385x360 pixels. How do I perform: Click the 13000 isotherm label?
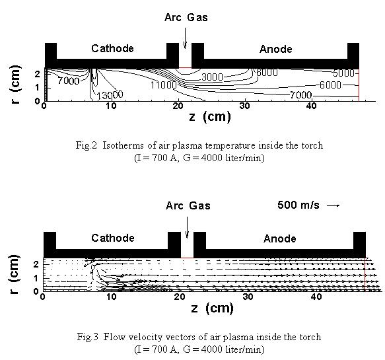click(110, 94)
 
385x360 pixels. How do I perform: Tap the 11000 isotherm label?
click(163, 85)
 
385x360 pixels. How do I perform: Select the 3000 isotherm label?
click(212, 77)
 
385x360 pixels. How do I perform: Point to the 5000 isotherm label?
click(343, 73)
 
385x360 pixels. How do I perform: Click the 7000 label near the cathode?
click(69, 81)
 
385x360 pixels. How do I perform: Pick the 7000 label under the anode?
click(300, 94)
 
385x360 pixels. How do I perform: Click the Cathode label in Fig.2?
click(112, 48)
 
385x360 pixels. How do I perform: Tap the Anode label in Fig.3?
click(279, 238)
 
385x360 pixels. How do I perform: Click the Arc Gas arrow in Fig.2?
click(185, 38)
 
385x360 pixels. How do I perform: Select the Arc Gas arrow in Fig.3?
click(187, 227)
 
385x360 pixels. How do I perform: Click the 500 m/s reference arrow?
click(333, 205)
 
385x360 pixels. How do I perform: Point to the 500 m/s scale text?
click(298, 205)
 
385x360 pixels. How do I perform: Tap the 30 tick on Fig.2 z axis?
click(244, 106)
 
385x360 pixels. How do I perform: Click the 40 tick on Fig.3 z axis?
click(316, 297)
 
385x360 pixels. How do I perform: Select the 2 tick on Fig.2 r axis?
click(37, 74)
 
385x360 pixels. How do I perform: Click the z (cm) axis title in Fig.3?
click(212, 308)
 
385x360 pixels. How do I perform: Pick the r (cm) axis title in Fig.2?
click(15, 85)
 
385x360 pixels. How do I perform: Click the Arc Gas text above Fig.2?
click(186, 18)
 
